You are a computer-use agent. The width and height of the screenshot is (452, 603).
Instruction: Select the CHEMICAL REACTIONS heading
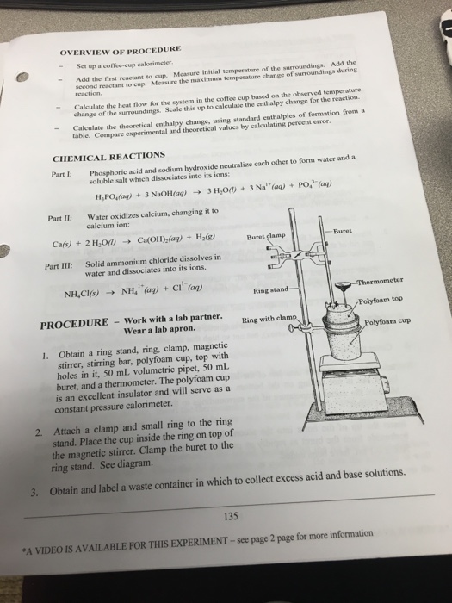(109, 157)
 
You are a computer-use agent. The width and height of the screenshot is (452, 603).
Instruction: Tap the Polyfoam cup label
(390, 322)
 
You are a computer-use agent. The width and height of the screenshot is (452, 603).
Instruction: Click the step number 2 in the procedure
(28, 433)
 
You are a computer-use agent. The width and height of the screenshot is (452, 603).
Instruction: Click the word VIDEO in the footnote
(54, 545)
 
